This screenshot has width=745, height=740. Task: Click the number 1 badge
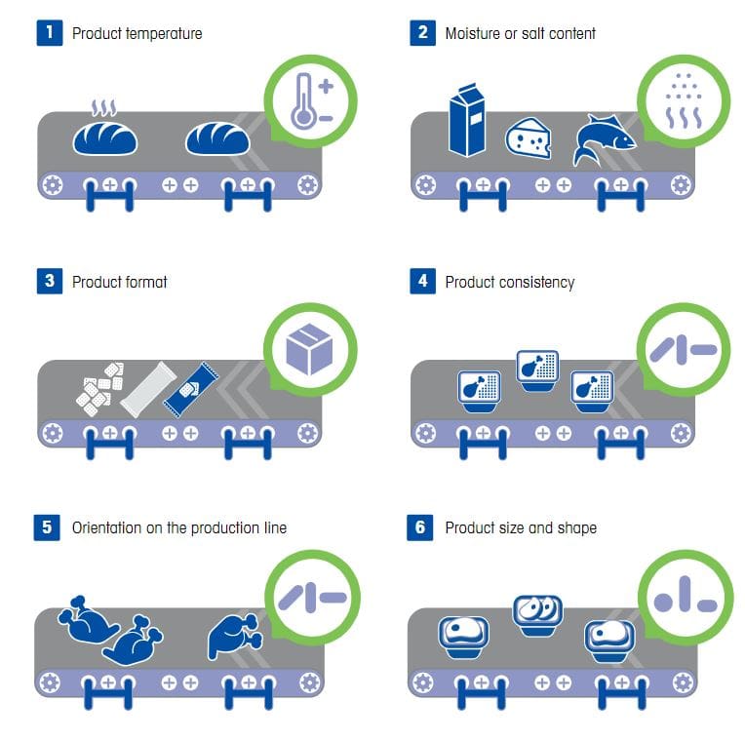pos(50,33)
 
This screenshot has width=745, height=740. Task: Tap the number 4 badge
pos(422,281)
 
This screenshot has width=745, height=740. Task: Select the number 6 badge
pos(419,527)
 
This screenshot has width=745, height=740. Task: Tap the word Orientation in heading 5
pos(106,527)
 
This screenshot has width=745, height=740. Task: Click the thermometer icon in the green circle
pos(312,100)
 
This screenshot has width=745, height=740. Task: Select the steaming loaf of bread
pos(105,130)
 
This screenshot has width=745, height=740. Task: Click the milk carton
pos(467,121)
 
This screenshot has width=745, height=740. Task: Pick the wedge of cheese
pos(528,137)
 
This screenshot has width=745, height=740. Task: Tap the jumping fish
pos(603,139)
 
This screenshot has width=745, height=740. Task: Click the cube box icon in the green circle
pos(309,349)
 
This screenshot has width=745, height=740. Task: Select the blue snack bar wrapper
pos(190,390)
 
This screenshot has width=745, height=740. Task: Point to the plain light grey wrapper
pos(148,389)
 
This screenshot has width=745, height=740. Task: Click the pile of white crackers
pos(100,389)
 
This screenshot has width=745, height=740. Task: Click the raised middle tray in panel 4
pos(537,370)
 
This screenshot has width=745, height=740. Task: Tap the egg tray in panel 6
pos(537,615)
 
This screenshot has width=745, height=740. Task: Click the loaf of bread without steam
pos(217,138)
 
